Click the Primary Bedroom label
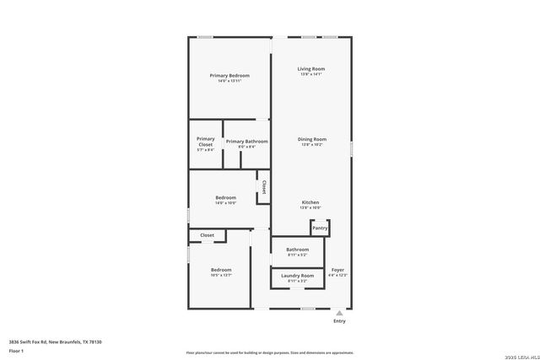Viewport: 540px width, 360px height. [229, 76]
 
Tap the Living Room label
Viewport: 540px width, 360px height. [311, 68]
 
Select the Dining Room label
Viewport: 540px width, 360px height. [311, 139]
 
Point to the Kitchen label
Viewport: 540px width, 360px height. [310, 202]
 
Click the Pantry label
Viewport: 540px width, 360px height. [320, 228]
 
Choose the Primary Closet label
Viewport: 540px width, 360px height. [206, 142]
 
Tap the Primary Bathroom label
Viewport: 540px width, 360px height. [246, 142]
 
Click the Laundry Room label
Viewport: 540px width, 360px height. [297, 276]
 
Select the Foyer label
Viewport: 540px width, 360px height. [337, 270]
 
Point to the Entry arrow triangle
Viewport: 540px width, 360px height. [339, 312]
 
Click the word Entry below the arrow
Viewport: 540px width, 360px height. [339, 320]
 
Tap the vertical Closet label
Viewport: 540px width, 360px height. [264, 187]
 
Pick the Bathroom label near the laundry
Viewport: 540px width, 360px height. [297, 250]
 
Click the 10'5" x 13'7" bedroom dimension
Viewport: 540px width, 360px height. [221, 275]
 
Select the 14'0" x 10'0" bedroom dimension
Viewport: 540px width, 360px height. [225, 202]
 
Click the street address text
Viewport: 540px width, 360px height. [55, 341]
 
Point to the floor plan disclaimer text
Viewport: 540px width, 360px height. [269, 352]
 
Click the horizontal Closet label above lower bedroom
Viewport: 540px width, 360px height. [207, 235]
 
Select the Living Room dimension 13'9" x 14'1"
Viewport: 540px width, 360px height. [311, 74]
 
